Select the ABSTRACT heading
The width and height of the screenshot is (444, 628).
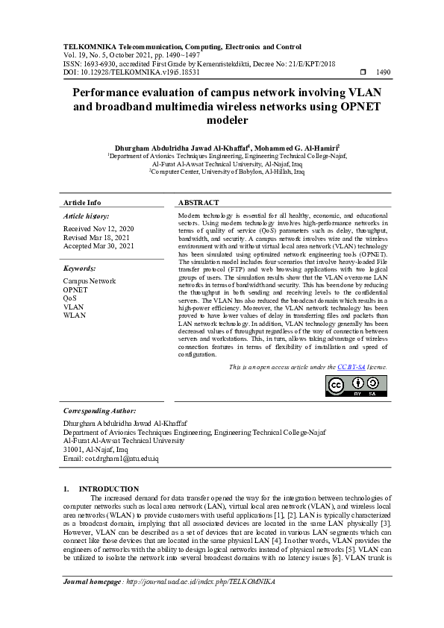coord(198,203)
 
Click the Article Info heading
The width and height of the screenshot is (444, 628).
coord(82,203)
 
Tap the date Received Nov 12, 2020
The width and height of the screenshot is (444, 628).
coord(99,228)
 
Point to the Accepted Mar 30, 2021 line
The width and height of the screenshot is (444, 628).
coord(99,246)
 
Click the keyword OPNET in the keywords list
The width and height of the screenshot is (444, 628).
coord(75,289)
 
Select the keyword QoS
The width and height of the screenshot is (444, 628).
coord(70,298)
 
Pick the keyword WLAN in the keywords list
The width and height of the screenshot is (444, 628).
coord(75,315)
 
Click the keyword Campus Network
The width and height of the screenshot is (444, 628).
coord(90,281)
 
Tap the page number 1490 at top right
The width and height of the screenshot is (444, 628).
coord(384,73)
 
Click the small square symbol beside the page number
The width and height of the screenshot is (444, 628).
coord(363,73)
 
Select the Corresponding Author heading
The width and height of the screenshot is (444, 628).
coord(99,410)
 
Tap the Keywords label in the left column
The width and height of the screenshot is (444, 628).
coord(80,268)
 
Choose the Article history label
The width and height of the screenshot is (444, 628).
coord(88,216)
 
